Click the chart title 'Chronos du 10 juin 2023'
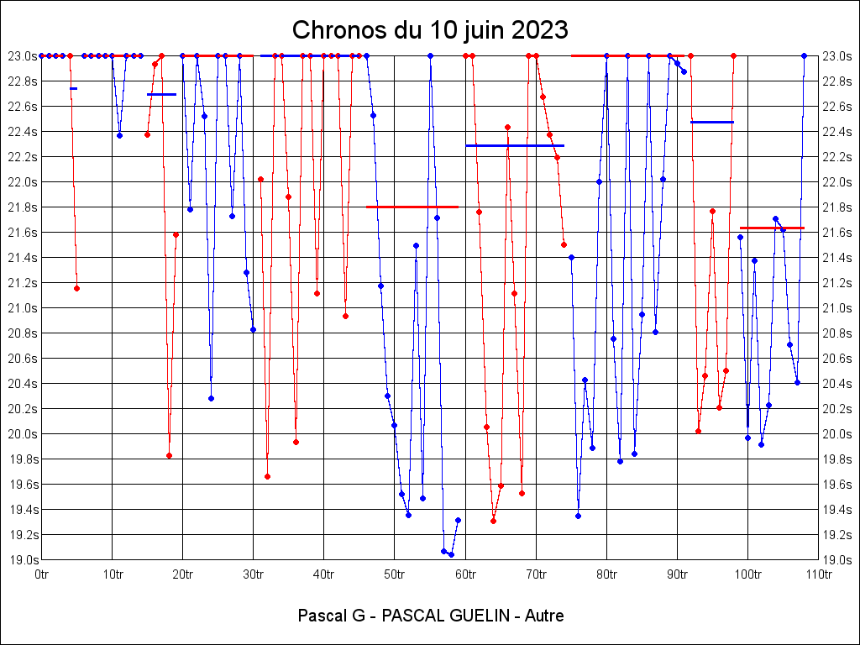coord(430,30)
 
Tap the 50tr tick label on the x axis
coord(394,574)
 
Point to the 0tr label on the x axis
coord(42,574)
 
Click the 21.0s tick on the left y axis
coord(21,308)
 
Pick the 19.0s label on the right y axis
coord(838,560)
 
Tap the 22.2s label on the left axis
coord(21,157)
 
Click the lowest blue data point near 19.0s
coord(451,554)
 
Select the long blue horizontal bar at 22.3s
coord(515,145)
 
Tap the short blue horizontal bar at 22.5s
coord(711,122)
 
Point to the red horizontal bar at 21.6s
coord(772,228)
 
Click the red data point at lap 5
coord(76,288)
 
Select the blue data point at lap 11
coord(119,135)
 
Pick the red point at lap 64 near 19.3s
coord(493,521)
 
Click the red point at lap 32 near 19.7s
coord(267,476)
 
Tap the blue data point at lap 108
coord(804,55)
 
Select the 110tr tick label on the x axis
coord(818,574)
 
